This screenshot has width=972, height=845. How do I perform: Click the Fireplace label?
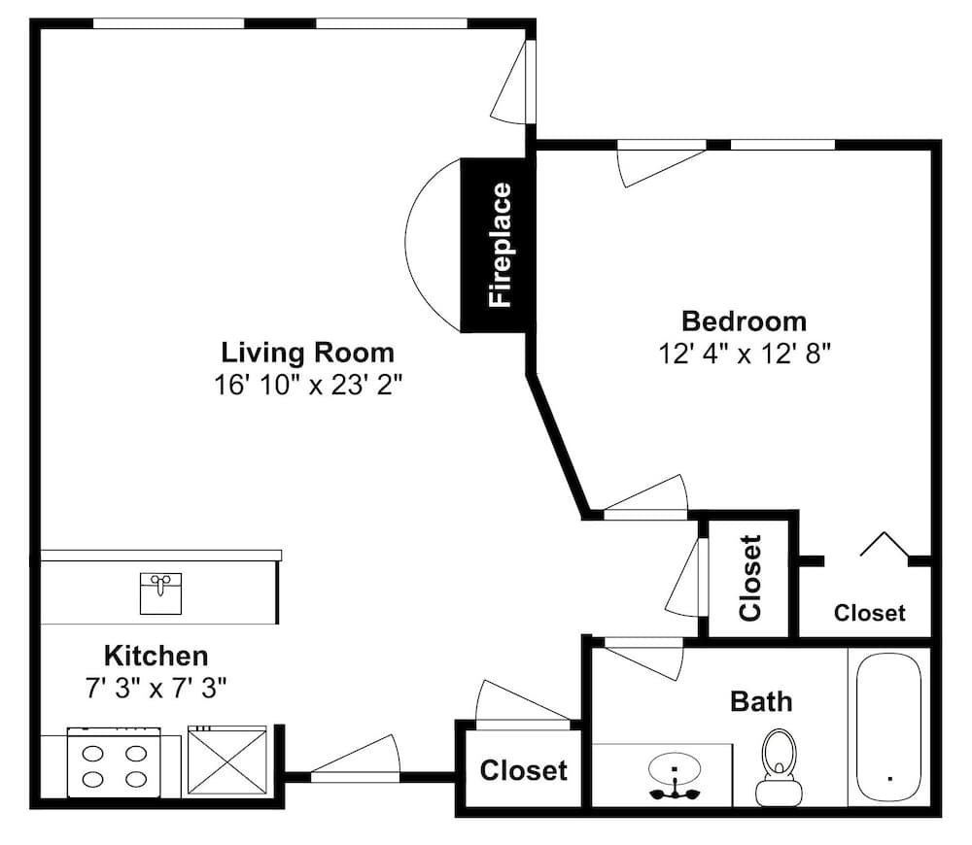(501, 245)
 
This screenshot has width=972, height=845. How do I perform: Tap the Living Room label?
(308, 353)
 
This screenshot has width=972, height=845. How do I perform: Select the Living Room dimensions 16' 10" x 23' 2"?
(308, 385)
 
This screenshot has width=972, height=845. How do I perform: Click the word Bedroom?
(744, 321)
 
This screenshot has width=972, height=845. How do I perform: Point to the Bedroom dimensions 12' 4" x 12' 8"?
(744, 355)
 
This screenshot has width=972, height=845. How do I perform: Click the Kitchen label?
(156, 656)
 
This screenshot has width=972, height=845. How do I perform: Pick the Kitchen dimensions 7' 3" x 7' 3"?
(156, 688)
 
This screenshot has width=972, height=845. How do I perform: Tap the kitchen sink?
(160, 593)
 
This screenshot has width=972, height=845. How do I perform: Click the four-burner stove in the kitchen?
(114, 762)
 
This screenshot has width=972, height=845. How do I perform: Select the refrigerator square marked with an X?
(226, 760)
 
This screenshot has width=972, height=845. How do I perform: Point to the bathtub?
(889, 727)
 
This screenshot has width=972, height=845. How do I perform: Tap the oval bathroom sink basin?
(675, 769)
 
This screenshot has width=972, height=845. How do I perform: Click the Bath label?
(761, 702)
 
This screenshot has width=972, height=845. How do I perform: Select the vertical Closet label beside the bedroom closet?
(750, 578)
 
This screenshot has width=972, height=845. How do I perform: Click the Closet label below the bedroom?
(869, 613)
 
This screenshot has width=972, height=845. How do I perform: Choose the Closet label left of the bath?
(523, 770)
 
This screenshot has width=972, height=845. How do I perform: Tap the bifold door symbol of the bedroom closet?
(885, 544)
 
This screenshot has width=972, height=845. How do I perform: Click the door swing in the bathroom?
(644, 659)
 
